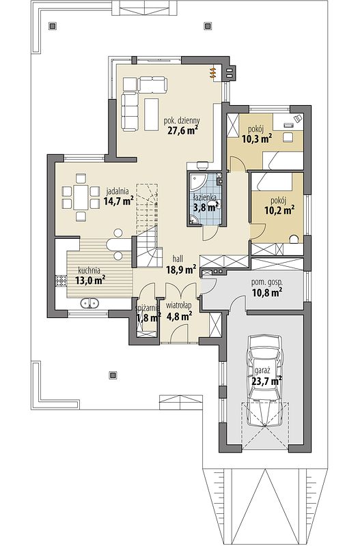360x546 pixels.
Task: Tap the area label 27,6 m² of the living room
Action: click(x=182, y=130)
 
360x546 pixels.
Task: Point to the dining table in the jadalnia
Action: click(x=81, y=197)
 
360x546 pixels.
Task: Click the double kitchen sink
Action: click(x=89, y=303)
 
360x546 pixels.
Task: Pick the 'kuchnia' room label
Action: click(x=89, y=270)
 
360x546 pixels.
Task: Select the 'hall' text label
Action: click(x=178, y=259)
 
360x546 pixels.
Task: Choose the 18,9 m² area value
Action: click(x=181, y=269)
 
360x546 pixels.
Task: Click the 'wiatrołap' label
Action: click(x=178, y=306)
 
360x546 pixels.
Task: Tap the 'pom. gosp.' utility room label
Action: click(x=267, y=282)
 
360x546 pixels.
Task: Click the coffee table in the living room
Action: click(x=152, y=114)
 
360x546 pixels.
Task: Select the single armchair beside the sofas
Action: click(x=129, y=83)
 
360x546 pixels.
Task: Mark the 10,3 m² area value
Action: click(x=257, y=139)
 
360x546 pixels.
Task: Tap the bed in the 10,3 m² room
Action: click(x=282, y=161)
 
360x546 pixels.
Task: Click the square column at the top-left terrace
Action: click(x=53, y=26)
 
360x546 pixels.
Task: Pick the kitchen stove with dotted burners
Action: click(x=61, y=281)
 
